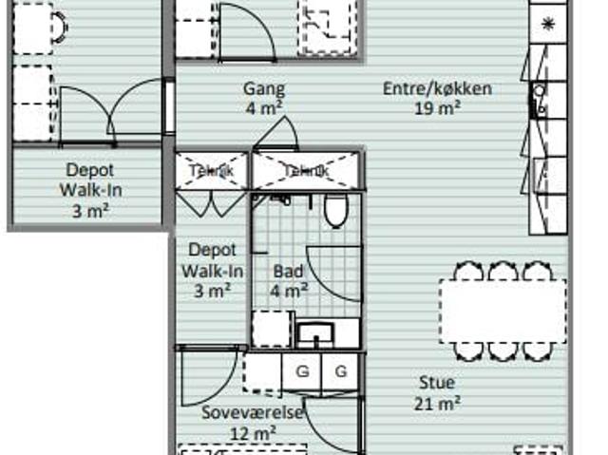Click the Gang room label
click(263, 89)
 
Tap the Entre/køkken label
click(437, 89)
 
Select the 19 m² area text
click(438, 108)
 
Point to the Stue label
click(437, 383)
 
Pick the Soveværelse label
click(253, 413)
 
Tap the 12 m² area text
click(253, 433)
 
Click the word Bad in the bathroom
click(288, 272)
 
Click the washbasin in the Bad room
click(313, 333)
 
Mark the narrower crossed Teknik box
click(211, 171)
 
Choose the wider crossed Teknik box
click(305, 171)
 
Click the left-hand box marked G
click(302, 371)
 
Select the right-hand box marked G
click(339, 371)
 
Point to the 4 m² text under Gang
click(263, 108)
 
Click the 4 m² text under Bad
click(288, 292)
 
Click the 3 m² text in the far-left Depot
click(90, 209)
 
